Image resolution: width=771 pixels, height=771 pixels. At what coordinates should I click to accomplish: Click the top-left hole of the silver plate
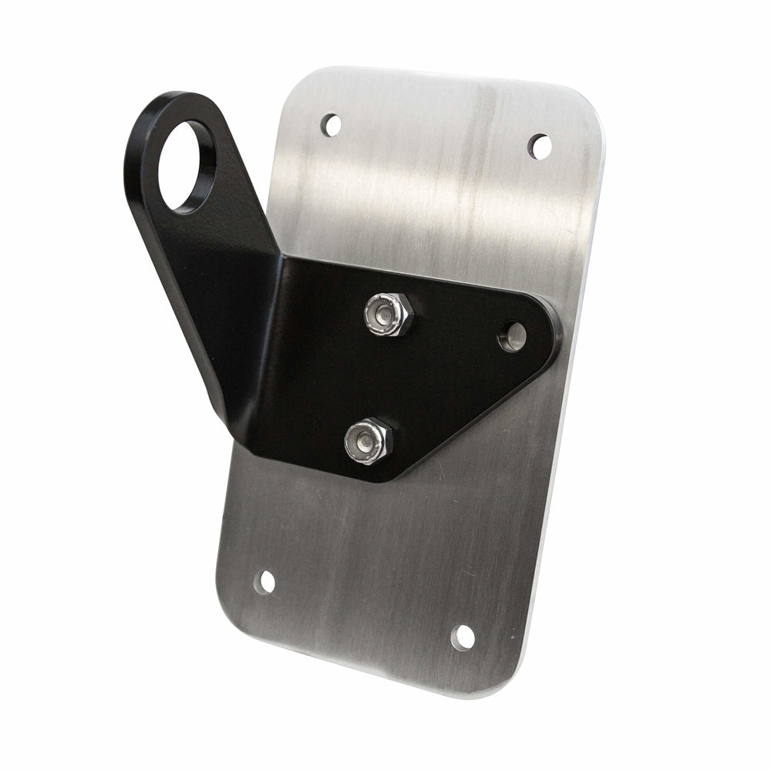click(x=331, y=124)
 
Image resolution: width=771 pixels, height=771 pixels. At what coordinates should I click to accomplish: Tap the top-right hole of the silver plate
click(x=540, y=146)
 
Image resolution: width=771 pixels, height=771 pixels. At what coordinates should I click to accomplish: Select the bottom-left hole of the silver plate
click(x=264, y=582)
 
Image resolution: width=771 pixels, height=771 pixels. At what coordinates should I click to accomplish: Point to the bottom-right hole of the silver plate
click(x=463, y=637)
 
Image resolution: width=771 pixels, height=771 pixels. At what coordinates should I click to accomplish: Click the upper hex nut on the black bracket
click(x=389, y=315)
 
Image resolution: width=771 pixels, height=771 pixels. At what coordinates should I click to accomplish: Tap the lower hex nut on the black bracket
click(x=369, y=441)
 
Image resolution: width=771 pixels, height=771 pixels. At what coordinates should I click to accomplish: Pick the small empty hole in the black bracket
click(x=512, y=336)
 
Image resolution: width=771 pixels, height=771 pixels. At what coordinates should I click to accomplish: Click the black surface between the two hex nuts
click(x=378, y=378)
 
